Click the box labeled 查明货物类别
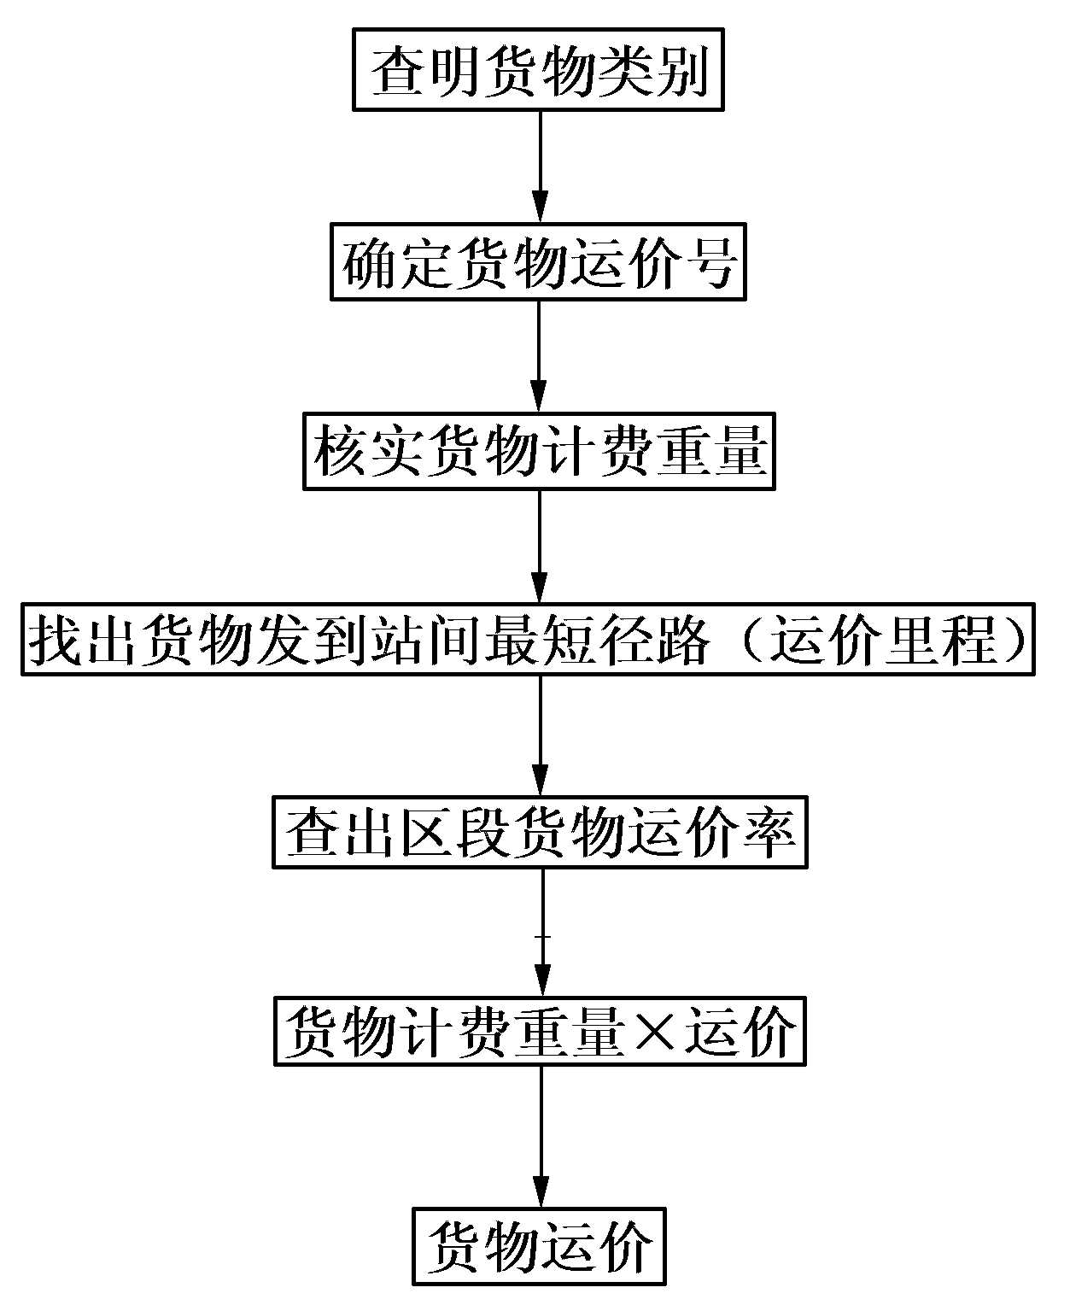click(538, 71)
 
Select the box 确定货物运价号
click(538, 262)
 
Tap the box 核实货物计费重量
click(538, 452)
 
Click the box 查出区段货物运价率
click(540, 832)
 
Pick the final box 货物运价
click(539, 1246)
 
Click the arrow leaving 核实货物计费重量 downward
click(539, 547)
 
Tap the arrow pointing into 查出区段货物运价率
click(540, 736)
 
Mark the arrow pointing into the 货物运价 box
click(540, 1137)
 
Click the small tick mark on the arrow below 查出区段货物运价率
click(541, 937)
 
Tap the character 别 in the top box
click(681, 72)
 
